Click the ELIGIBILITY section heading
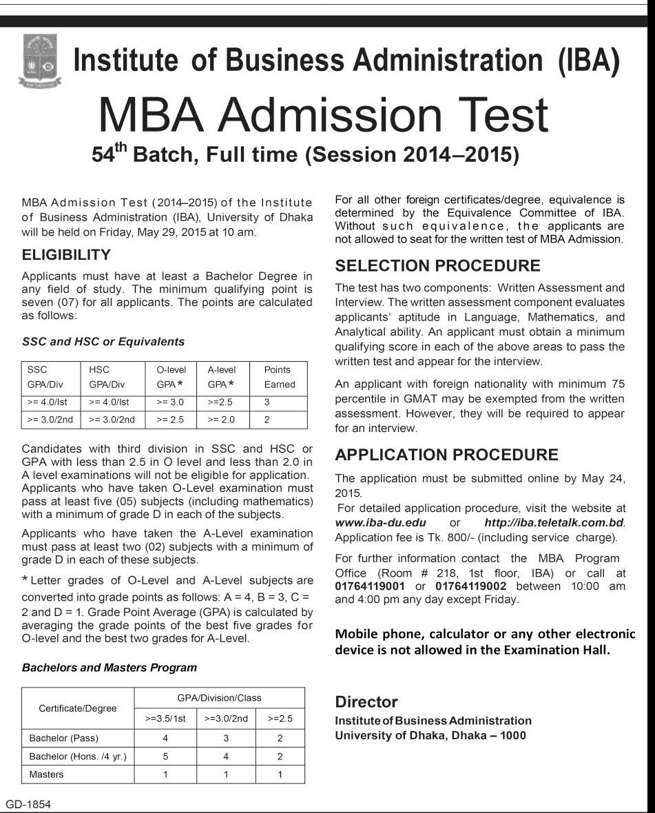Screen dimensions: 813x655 pyautogui.click(x=66, y=255)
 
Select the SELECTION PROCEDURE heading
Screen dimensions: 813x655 pyautogui.click(x=437, y=266)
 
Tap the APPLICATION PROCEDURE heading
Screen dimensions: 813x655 pyautogui.click(x=446, y=455)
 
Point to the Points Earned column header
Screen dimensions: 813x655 pyautogui.click(x=278, y=377)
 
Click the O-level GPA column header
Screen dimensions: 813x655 pyautogui.click(x=171, y=377)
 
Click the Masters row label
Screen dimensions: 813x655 pyautogui.click(x=46, y=774)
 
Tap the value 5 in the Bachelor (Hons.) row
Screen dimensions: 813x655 pyautogui.click(x=165, y=757)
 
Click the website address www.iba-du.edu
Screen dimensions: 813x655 pyautogui.click(x=380, y=522)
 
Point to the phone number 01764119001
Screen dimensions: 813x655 pyautogui.click(x=371, y=586)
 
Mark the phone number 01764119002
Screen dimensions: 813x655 pyautogui.click(x=472, y=586)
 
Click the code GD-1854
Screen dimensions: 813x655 pyautogui.click(x=28, y=804)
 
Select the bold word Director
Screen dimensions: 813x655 pyautogui.click(x=366, y=702)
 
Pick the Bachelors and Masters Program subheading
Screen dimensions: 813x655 pyautogui.click(x=109, y=668)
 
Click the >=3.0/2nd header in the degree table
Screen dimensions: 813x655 pyautogui.click(x=226, y=718)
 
